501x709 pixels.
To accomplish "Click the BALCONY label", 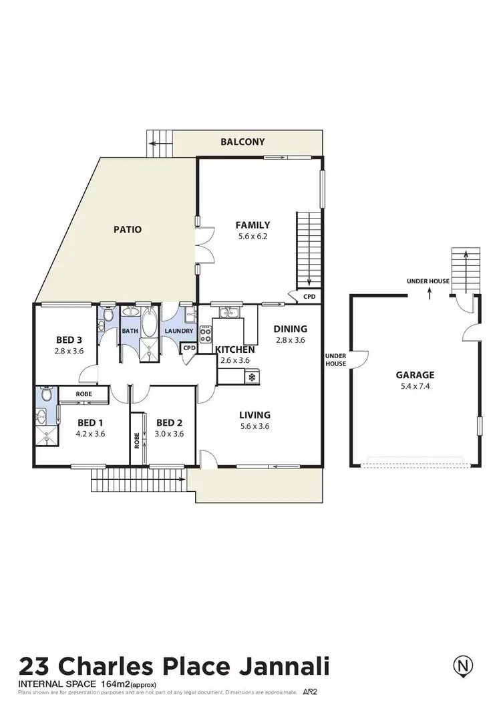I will click(x=243, y=142).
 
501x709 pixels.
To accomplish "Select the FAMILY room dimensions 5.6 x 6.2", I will click(x=253, y=236).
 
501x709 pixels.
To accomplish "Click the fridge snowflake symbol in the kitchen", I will click(x=252, y=378).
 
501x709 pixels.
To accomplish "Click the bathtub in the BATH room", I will click(x=148, y=321).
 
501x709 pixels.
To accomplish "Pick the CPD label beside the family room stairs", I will click(x=309, y=296).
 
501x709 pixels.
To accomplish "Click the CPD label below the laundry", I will click(x=189, y=347).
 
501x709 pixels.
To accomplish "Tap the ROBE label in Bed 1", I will click(x=83, y=395).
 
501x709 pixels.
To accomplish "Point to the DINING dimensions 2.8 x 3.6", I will click(x=290, y=339).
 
